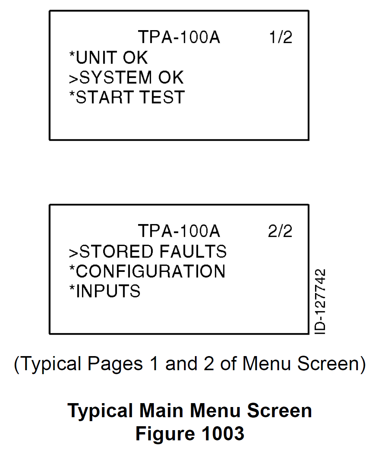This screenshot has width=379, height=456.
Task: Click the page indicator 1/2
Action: point(281,37)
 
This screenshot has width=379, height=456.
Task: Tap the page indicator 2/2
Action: point(280,231)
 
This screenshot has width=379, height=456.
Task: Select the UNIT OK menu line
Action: point(108,57)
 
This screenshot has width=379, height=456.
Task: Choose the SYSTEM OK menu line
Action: point(126,77)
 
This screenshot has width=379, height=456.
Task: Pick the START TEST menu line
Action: point(127,97)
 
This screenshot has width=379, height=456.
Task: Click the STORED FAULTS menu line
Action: point(148,252)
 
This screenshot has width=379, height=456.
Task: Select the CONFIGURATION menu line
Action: point(147,271)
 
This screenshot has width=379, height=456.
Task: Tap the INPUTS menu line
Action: point(105,291)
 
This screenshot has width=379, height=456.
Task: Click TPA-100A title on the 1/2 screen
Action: point(179,37)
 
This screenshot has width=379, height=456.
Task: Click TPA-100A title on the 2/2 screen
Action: point(179,231)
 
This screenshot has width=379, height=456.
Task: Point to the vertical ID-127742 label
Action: point(320,302)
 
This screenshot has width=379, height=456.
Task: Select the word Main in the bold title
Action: point(162,411)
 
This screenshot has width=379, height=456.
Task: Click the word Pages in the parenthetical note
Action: point(115,364)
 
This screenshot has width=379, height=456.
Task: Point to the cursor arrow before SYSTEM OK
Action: point(73,78)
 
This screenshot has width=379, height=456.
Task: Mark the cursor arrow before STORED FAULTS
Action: point(73,253)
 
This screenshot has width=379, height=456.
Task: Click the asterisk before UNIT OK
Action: point(72,54)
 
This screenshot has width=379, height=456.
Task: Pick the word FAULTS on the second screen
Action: point(193,252)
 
